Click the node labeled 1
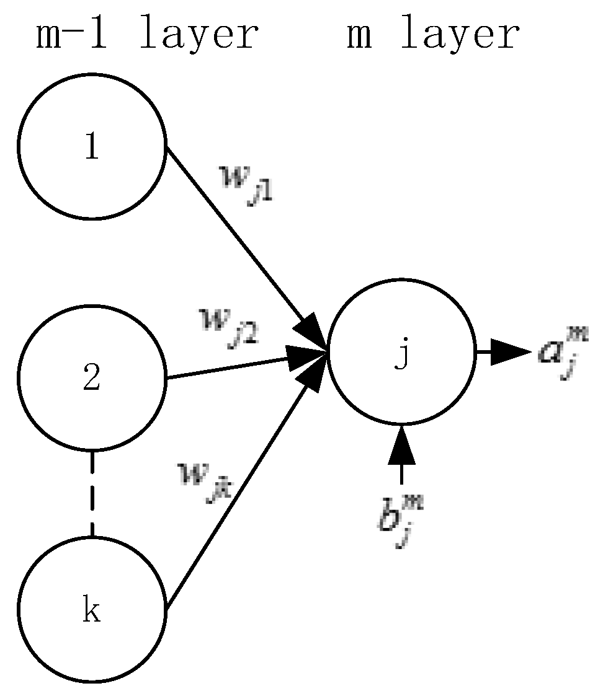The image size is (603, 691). (92, 146)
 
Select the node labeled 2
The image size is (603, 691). (92, 378)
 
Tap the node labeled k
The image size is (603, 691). (92, 610)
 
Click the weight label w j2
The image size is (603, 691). (227, 325)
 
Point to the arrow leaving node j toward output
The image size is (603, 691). (502, 353)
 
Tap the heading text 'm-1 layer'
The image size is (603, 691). (146, 35)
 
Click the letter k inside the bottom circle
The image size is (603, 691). (92, 612)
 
